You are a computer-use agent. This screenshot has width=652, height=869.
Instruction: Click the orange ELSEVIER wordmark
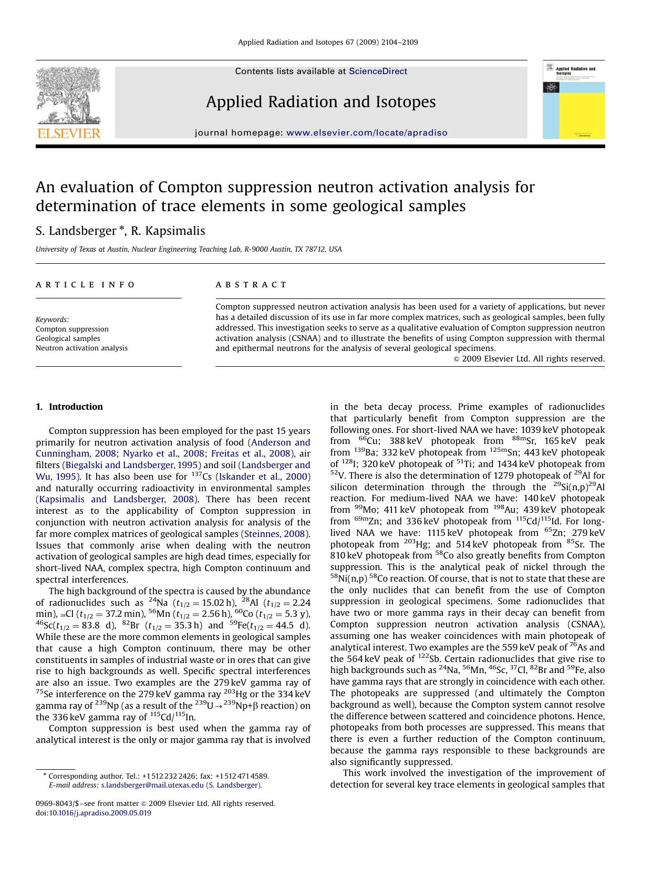click(x=68, y=133)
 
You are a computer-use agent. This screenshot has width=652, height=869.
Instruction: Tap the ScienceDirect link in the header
click(x=378, y=71)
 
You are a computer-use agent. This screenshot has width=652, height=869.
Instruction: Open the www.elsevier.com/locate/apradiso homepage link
click(x=367, y=133)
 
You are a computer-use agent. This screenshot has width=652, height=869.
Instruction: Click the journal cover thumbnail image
click(x=573, y=100)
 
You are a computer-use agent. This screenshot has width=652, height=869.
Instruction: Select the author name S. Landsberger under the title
click(x=76, y=231)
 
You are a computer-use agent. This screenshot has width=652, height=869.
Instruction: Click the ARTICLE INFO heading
click(x=86, y=285)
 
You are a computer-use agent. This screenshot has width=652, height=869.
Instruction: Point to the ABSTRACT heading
click(x=251, y=285)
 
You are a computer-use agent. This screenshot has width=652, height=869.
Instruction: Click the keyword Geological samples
click(x=68, y=339)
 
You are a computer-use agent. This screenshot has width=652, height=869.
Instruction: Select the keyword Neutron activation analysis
click(x=81, y=348)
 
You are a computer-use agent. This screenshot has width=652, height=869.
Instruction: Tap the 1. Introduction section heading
click(x=69, y=407)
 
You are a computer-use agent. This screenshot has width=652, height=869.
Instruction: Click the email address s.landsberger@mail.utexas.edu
click(x=152, y=785)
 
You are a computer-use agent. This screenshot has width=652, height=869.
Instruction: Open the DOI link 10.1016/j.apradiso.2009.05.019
click(x=100, y=813)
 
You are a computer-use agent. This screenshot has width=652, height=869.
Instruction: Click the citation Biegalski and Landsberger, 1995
click(x=131, y=465)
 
